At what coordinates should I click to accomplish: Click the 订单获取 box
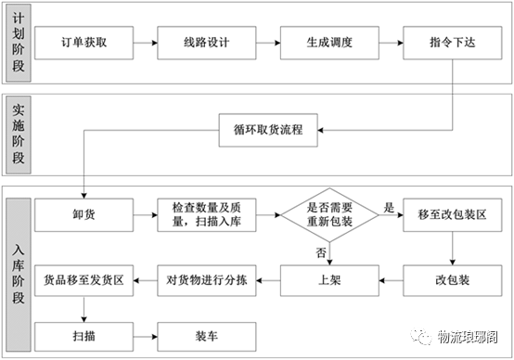[84, 43]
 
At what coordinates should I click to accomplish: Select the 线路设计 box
[207, 43]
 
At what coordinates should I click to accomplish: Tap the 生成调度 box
[329, 43]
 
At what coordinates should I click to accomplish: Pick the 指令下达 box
[453, 43]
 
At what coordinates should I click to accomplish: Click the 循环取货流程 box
[268, 130]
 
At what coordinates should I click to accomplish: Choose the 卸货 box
[84, 215]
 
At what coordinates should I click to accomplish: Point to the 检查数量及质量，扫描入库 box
[207, 215]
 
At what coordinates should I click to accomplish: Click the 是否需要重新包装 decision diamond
[329, 215]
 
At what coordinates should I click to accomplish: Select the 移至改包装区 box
[453, 215]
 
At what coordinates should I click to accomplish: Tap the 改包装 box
[453, 280]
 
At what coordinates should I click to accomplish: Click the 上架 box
[329, 280]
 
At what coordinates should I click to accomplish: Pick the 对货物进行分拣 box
[207, 280]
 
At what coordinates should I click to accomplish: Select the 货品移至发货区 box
[84, 280]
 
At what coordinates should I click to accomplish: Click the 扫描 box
[84, 337]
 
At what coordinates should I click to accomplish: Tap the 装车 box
[207, 337]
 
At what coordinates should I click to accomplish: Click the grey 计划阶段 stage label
[19, 43]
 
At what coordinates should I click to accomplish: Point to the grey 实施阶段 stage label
[19, 135]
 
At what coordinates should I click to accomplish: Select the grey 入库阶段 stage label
[19, 275]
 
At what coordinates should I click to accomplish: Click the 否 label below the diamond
[321, 252]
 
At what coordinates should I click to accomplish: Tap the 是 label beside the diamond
[389, 207]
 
